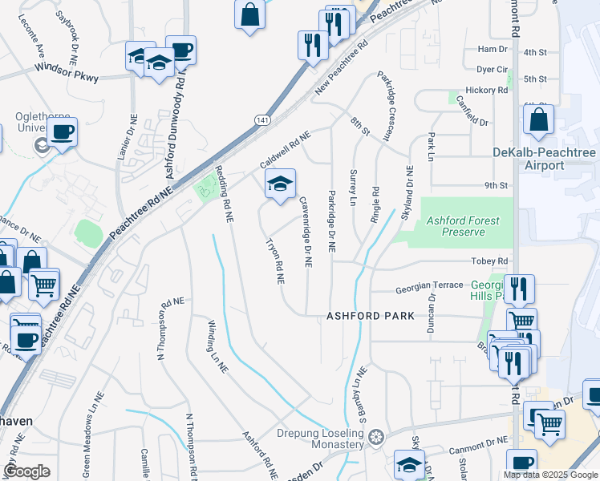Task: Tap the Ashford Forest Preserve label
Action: [x=463, y=226]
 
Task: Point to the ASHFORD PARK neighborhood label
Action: [x=371, y=316]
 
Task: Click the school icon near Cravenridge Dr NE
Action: [x=280, y=184]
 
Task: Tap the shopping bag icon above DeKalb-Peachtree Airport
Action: [x=539, y=121]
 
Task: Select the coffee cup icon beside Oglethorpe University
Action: [x=62, y=132]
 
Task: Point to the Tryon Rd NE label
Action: [x=274, y=261]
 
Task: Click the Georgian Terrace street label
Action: [x=429, y=285]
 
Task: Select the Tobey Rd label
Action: [x=493, y=261]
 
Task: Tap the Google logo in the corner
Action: [x=27, y=471]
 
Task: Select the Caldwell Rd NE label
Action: [x=285, y=150]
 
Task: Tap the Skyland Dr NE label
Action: [x=408, y=193]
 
